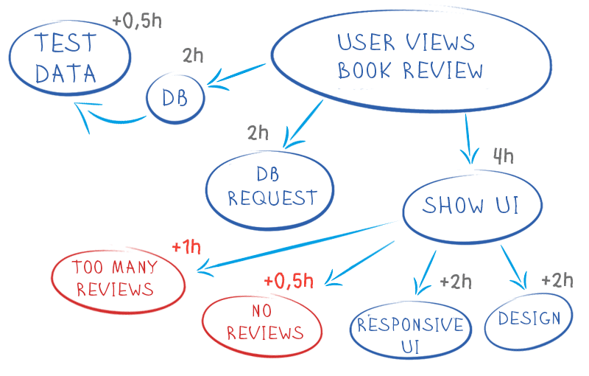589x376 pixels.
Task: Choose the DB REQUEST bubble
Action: [271, 187]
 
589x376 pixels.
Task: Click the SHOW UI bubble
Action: [470, 206]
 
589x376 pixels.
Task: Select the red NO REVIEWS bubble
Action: [264, 322]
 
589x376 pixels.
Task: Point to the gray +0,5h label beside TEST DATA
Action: [137, 21]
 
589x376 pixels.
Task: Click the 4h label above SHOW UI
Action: [503, 156]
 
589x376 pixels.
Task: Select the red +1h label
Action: [186, 247]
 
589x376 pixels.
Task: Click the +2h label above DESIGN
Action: [557, 280]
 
